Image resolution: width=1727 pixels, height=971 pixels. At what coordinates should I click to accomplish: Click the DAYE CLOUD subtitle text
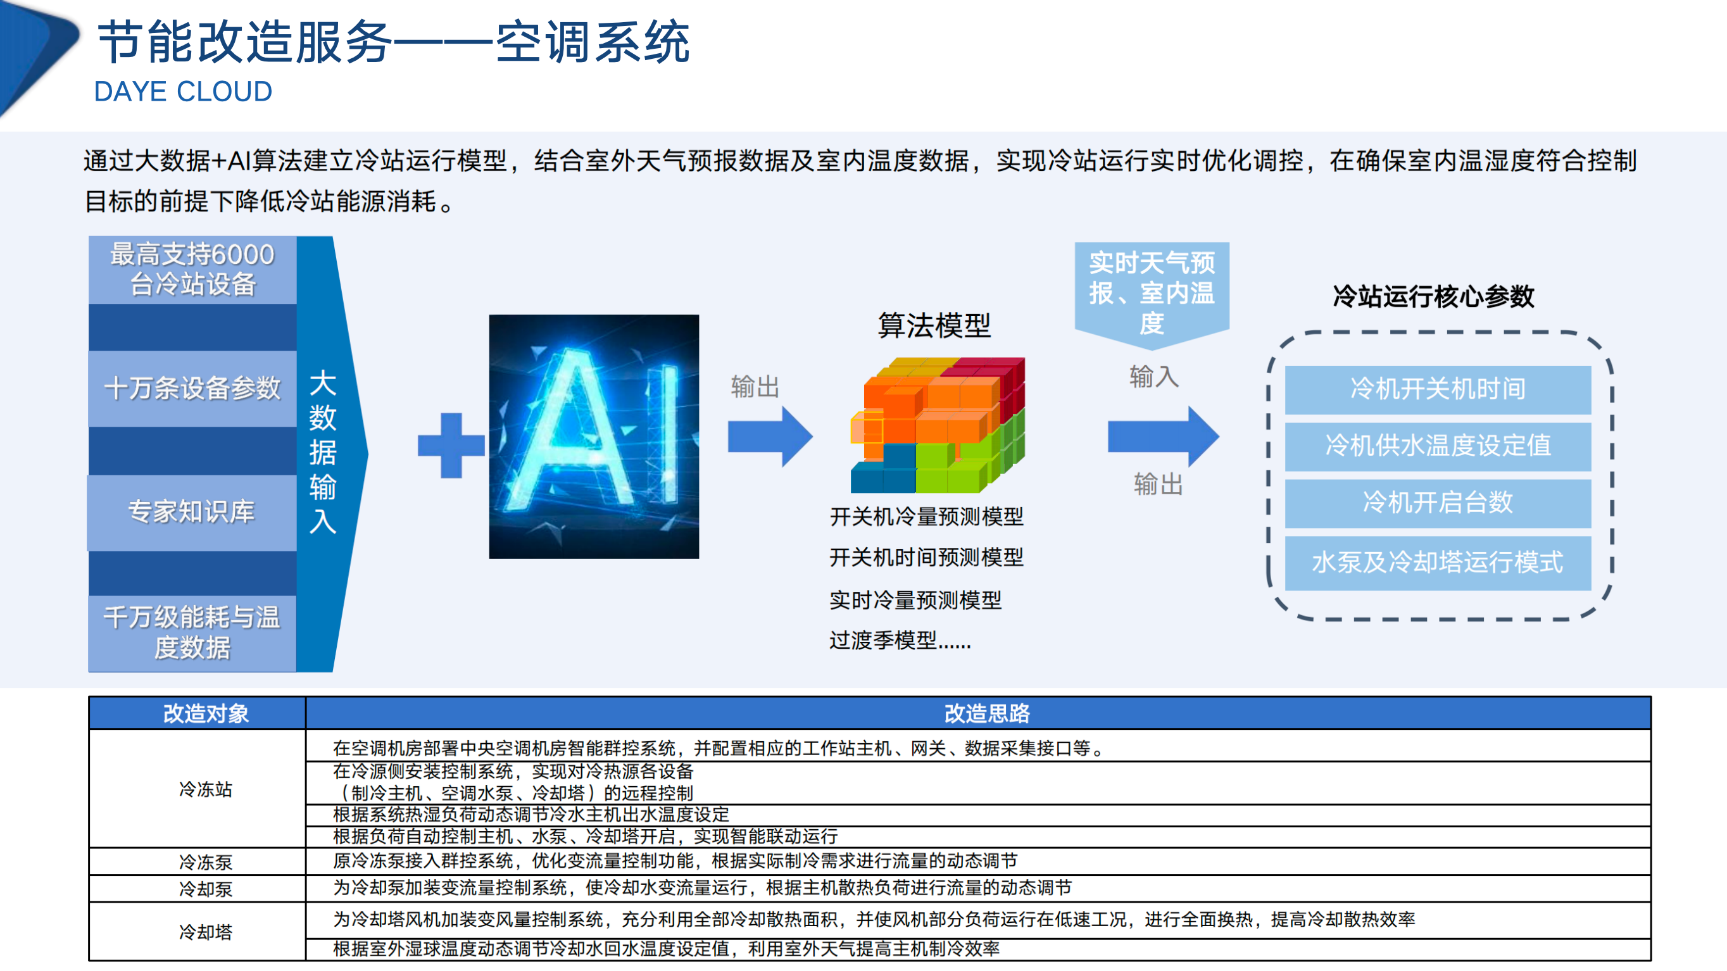[183, 92]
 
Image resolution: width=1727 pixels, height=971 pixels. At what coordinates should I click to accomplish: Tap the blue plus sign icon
[451, 445]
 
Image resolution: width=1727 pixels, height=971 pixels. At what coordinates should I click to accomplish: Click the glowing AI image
[594, 436]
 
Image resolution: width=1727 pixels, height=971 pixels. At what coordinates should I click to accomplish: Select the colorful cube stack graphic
[937, 425]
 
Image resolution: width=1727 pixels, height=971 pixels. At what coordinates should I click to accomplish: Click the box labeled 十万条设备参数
[192, 389]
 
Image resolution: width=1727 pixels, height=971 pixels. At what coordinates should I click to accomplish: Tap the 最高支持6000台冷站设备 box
[192, 270]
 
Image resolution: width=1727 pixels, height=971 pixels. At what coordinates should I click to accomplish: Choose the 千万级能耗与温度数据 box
[192, 632]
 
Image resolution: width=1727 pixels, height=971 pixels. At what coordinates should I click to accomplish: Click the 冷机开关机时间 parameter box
[1438, 389]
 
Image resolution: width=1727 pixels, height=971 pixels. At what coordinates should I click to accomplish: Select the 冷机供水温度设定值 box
[1438, 446]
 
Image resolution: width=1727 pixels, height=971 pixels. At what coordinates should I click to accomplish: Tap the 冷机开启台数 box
[1438, 503]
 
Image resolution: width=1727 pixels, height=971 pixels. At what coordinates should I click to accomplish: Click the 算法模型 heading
[934, 326]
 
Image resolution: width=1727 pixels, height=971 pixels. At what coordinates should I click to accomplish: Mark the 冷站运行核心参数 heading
[1433, 296]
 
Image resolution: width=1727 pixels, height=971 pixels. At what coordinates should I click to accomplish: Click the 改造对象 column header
[205, 713]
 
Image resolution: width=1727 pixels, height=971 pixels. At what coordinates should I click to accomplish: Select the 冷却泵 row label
[205, 889]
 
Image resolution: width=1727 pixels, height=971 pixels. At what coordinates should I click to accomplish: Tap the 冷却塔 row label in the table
[205, 932]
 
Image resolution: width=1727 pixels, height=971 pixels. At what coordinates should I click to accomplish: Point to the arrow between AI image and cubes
[770, 437]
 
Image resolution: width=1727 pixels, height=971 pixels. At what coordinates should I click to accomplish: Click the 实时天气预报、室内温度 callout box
[1151, 293]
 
